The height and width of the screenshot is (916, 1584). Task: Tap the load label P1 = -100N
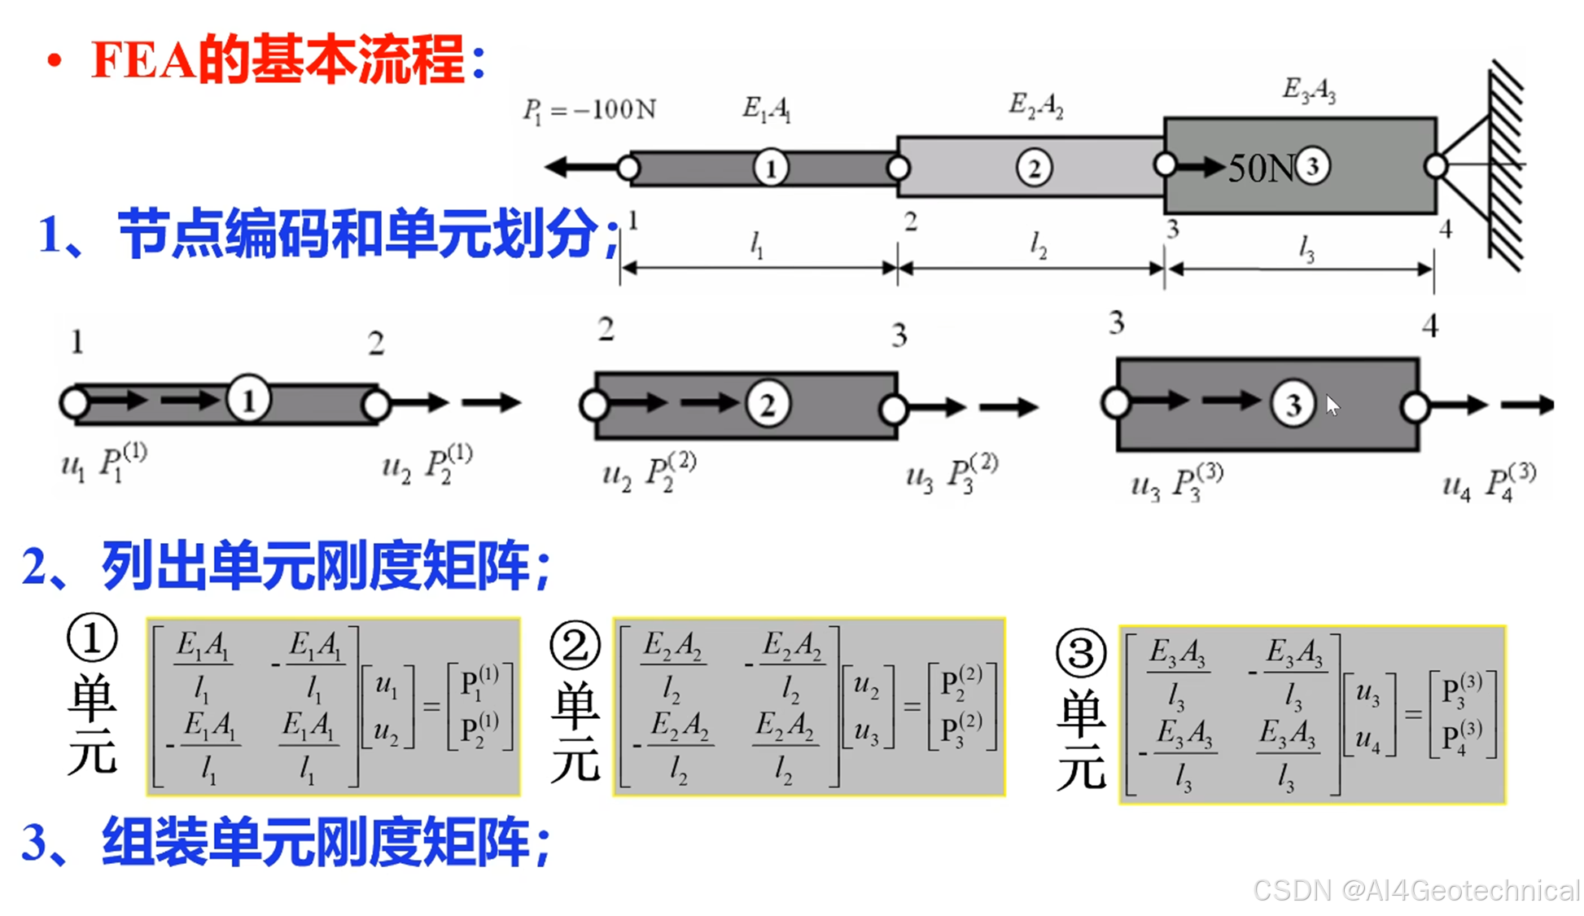point(589,109)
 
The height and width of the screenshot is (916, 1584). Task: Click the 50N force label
point(1259,169)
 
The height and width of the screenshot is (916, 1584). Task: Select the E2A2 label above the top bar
point(1035,104)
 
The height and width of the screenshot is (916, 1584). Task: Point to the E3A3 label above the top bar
point(1308,89)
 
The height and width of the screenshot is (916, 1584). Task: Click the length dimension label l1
point(756,243)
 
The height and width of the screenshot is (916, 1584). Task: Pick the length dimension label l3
point(1306,248)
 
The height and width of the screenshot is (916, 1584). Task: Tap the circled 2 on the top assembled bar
point(1034,169)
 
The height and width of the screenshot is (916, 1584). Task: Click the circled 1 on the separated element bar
point(248,400)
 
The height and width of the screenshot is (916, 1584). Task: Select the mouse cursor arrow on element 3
point(1332,405)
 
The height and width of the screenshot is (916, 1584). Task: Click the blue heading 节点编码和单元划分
point(358,234)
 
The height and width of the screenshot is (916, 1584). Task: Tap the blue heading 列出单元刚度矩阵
point(326,565)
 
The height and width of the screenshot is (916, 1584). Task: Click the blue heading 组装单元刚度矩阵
point(326,842)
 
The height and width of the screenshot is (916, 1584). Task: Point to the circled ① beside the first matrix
point(92,638)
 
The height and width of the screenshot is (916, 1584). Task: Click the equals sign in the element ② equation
point(912,707)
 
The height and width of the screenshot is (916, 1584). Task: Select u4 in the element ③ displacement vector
point(1367,739)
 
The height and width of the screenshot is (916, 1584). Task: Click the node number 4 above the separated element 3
point(1429,326)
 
